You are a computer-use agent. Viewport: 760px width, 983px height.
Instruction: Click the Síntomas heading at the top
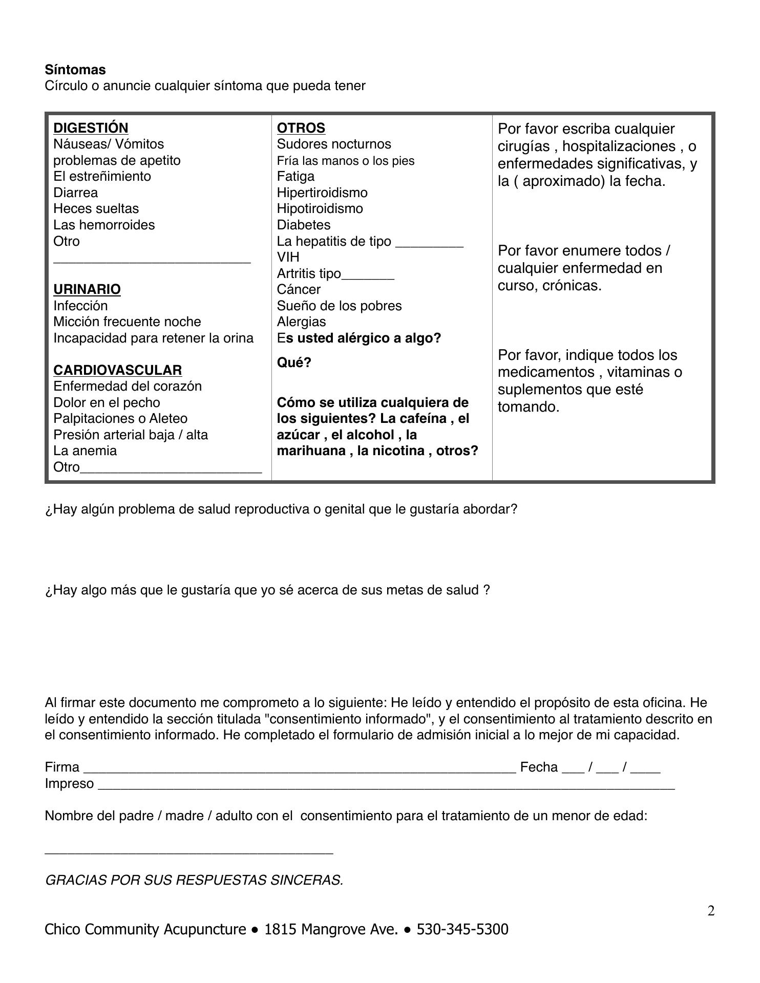click(x=75, y=70)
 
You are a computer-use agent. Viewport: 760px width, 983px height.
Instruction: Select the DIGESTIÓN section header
click(x=91, y=127)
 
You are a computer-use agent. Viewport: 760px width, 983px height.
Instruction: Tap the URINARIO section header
click(x=87, y=289)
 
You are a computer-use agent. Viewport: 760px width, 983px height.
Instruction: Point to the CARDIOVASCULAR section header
click(x=117, y=370)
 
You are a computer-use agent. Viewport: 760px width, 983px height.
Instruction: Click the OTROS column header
click(x=301, y=127)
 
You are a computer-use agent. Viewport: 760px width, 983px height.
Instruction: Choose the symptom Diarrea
click(x=75, y=193)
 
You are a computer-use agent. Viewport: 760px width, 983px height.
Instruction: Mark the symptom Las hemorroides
click(x=104, y=225)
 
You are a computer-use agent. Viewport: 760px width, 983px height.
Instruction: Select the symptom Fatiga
click(x=295, y=176)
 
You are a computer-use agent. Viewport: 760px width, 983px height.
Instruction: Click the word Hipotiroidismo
click(x=320, y=208)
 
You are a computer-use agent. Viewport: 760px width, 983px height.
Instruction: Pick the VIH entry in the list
click(x=288, y=257)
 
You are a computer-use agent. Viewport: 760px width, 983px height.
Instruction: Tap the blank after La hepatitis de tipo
click(x=429, y=243)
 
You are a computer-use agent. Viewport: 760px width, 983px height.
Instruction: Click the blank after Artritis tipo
click(x=368, y=275)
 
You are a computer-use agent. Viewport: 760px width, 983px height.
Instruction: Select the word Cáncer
click(x=299, y=289)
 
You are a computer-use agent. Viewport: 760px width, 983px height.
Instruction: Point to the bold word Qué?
click(x=294, y=362)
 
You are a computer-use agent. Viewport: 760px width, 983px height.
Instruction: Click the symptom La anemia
click(x=85, y=451)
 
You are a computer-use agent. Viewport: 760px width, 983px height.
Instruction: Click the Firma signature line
click(x=299, y=768)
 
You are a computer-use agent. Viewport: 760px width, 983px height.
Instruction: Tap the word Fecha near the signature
click(x=538, y=767)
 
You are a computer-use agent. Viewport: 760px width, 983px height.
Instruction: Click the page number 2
click(x=711, y=911)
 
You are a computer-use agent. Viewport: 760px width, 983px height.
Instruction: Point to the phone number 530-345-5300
click(x=462, y=929)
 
